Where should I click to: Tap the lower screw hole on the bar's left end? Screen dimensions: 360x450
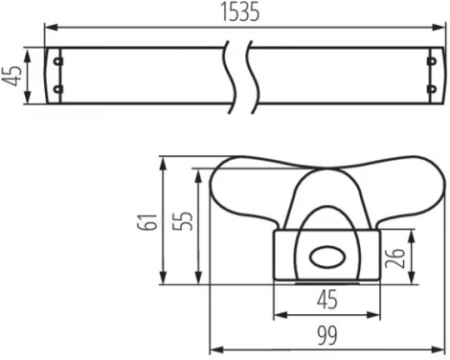click(59, 91)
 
